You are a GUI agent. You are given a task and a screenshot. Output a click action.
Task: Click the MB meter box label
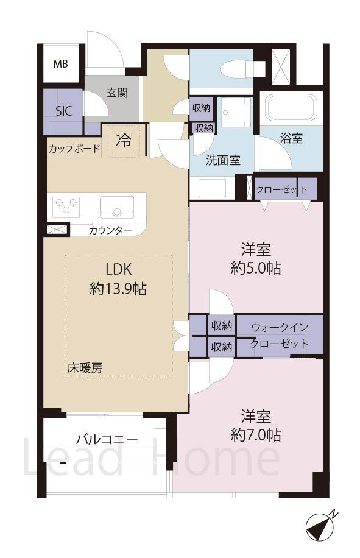click(x=60, y=64)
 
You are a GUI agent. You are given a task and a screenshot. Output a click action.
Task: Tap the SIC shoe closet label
click(x=64, y=111)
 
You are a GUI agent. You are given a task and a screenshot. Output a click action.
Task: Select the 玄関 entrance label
click(x=117, y=93)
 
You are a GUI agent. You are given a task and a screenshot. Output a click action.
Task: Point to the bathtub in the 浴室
click(x=292, y=107)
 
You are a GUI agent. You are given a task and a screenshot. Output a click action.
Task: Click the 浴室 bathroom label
click(x=291, y=138)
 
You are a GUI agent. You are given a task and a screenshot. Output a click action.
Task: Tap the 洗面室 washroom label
click(x=223, y=160)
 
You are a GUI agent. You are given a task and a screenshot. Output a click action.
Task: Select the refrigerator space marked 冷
click(x=124, y=141)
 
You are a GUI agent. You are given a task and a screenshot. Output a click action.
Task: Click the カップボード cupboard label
click(x=74, y=149)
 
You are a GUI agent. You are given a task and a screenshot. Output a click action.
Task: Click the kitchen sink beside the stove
click(x=117, y=207)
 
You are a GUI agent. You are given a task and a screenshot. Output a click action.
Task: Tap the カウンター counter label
click(x=110, y=230)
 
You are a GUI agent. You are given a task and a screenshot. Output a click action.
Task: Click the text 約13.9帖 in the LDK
click(x=118, y=289)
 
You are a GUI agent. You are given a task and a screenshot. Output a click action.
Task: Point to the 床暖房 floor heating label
click(x=85, y=368)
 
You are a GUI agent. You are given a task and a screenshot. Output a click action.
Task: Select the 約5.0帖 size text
click(x=256, y=268)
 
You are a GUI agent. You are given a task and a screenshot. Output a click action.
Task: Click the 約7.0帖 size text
click(x=256, y=434)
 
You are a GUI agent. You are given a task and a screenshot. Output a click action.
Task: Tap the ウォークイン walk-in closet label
click(x=280, y=327)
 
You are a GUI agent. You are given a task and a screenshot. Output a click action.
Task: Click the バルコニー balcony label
click(x=107, y=439)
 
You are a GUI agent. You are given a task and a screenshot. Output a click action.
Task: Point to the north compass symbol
click(x=321, y=524)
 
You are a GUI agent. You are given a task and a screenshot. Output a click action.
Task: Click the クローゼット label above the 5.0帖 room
click(x=281, y=189)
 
